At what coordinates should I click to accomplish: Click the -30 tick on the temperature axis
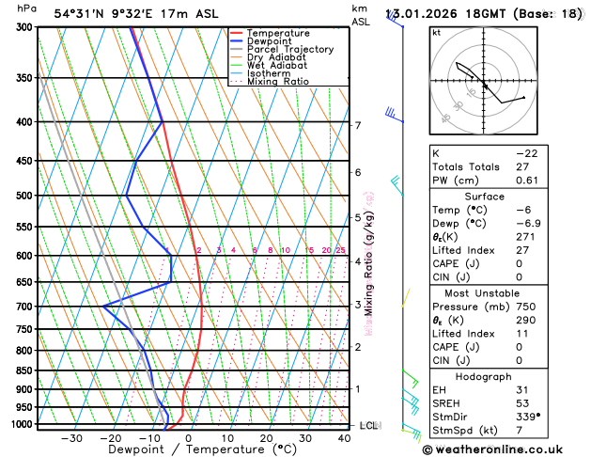click(71, 438)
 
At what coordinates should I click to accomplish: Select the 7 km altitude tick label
click(357, 125)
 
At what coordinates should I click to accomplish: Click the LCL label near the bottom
click(368, 426)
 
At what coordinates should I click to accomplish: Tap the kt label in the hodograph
click(436, 32)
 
